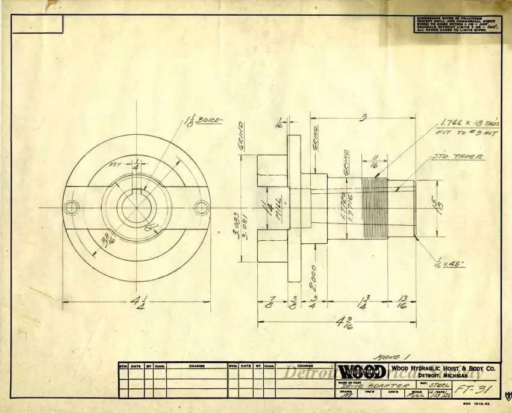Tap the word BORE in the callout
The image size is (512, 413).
click(210, 120)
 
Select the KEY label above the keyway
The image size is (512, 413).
click(115, 164)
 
